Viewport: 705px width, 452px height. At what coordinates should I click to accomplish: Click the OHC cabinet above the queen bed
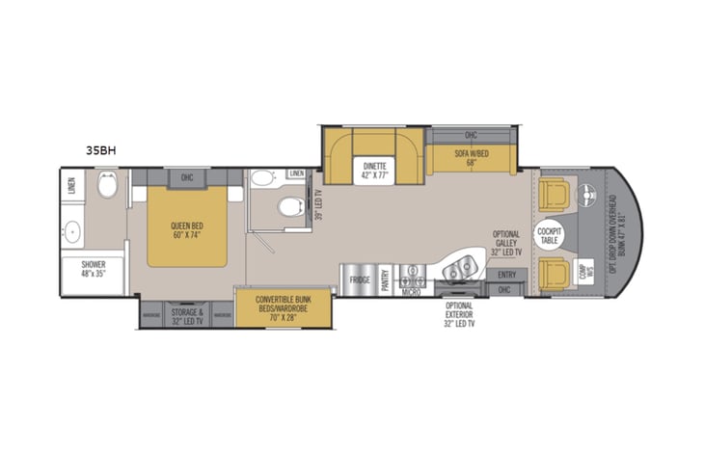pos(187,177)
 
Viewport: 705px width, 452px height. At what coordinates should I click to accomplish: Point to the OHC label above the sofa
pos(471,135)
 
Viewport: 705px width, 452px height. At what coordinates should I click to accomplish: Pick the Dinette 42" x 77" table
pos(376,169)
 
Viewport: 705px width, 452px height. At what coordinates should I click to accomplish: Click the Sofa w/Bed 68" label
pos(472,158)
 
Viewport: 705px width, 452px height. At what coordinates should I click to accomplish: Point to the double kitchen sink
pos(460,265)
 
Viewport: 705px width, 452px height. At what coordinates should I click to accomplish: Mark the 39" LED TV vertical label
pos(319,203)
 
